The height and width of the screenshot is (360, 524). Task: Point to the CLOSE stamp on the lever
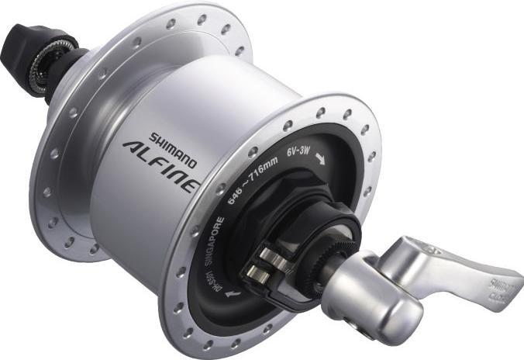pos(495,289)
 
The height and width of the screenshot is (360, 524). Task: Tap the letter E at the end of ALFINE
pos(195,187)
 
